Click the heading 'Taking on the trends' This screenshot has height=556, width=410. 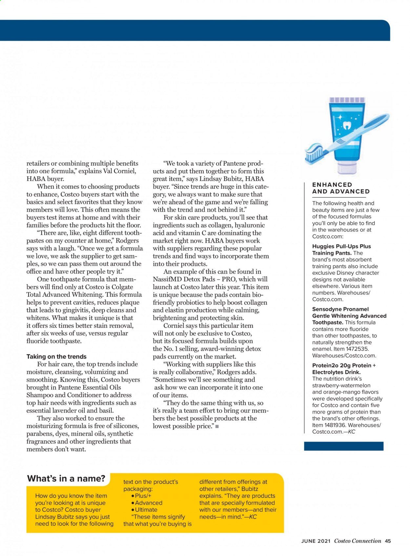pos(56,356)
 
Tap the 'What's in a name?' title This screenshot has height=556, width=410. pos(66,479)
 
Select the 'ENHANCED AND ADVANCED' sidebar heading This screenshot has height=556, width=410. pos(341,188)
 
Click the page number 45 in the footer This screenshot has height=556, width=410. pos(388,541)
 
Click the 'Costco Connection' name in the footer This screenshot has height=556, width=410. pos(358,541)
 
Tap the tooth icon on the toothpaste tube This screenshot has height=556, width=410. pos(346,125)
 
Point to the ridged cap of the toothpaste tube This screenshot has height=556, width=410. pos(346,100)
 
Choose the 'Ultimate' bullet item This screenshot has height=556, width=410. pos(146,510)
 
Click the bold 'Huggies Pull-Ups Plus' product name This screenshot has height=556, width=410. pos(341,246)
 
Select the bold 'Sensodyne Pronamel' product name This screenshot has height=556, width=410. pos(340,309)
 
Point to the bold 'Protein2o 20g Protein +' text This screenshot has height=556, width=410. pos(344,366)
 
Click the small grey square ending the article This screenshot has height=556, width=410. pos(217,426)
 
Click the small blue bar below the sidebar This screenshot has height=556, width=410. pos(343,446)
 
